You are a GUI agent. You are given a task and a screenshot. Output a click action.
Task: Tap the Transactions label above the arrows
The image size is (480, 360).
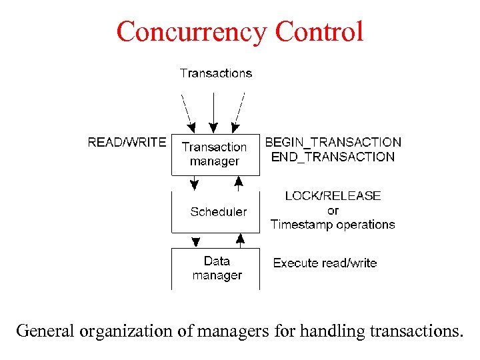[216, 73]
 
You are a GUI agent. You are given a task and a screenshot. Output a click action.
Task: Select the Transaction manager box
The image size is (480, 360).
[215, 154]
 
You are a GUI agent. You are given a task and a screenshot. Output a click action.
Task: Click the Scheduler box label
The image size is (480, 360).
[218, 212]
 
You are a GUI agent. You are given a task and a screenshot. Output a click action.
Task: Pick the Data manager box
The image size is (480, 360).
[217, 268]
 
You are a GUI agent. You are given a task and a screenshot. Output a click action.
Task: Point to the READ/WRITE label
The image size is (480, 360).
[127, 142]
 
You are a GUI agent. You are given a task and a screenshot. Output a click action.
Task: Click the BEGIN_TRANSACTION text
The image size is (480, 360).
[333, 142]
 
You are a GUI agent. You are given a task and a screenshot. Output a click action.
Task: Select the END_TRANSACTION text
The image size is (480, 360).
[333, 157]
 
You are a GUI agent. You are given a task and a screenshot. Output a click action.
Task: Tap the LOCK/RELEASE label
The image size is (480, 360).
[333, 196]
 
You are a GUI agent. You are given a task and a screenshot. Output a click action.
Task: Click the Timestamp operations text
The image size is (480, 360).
[333, 225]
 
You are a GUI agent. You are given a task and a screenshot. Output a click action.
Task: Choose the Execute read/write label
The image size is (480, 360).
[325, 263]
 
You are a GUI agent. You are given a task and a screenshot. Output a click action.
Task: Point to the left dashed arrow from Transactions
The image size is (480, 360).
[188, 111]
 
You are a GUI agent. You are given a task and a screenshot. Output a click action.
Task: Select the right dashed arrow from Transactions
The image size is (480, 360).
[237, 111]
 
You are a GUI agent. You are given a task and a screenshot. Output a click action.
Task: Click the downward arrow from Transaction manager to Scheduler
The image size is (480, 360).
[195, 182]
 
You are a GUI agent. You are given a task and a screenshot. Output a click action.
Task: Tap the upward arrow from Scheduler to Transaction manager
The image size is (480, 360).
[238, 182]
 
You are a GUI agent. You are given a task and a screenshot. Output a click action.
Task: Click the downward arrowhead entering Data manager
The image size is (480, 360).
[195, 241]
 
